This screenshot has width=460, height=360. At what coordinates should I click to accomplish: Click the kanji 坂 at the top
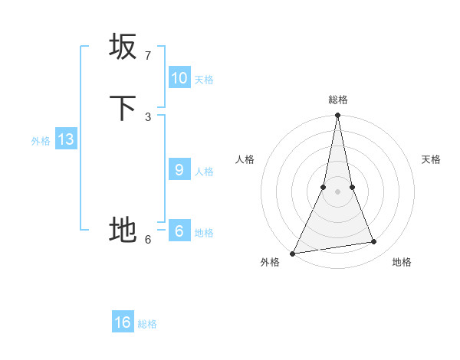(123, 47)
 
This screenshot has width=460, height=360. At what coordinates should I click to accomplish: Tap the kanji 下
(123, 108)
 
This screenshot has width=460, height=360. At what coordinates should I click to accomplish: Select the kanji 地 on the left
(123, 229)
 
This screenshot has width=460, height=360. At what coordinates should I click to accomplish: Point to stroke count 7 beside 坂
(148, 56)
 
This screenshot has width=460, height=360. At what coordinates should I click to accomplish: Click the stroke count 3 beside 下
(148, 116)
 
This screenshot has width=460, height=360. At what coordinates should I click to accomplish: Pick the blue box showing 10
(179, 78)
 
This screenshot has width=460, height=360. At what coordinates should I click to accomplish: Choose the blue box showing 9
(179, 170)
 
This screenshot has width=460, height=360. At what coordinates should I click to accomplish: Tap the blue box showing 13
(66, 139)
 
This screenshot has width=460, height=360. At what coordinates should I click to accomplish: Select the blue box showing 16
(123, 322)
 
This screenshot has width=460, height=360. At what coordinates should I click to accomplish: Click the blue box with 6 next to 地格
(179, 231)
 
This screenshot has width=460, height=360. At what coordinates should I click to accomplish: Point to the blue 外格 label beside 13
(41, 140)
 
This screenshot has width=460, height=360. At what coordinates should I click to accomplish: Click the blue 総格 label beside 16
(147, 324)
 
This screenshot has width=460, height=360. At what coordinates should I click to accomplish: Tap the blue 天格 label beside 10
(204, 79)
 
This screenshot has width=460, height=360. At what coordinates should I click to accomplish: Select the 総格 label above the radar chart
(338, 100)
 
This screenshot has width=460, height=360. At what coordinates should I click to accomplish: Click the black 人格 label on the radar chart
(245, 159)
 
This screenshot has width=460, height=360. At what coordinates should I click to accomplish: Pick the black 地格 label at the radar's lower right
(402, 262)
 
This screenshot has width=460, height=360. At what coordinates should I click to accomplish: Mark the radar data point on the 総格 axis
(338, 116)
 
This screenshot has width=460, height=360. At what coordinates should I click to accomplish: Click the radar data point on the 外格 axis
(293, 254)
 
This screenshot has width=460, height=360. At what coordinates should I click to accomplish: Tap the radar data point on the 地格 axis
(374, 242)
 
